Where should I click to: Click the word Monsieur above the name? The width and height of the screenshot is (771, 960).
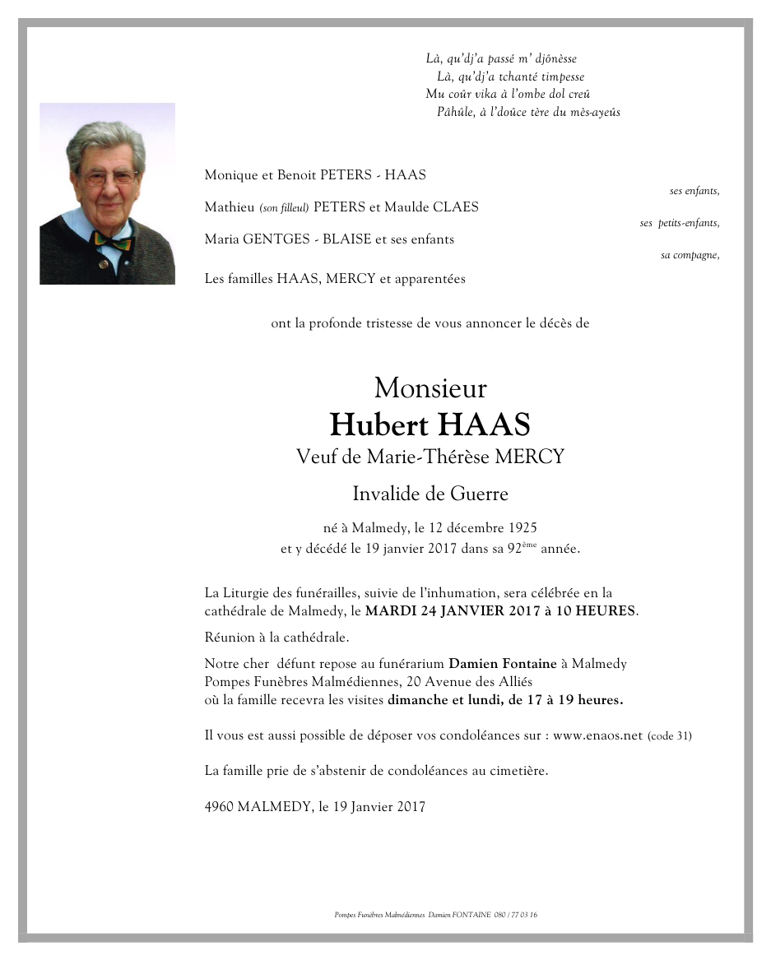(x=430, y=387)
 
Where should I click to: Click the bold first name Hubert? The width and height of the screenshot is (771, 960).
(x=379, y=425)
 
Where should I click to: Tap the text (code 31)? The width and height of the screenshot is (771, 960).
(x=670, y=736)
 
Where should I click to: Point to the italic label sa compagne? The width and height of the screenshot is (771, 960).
(x=690, y=255)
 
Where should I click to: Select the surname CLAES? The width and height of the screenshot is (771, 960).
(x=452, y=207)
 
